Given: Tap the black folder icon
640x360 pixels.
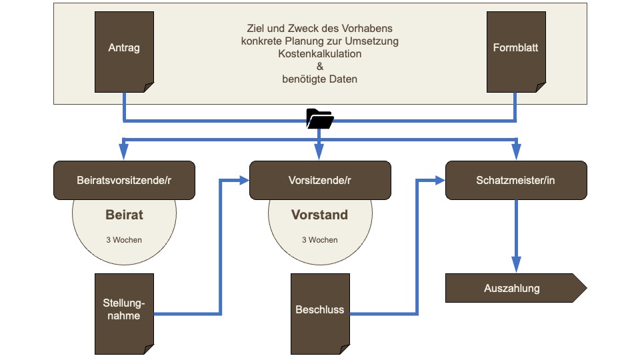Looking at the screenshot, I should pyautogui.click(x=320, y=119).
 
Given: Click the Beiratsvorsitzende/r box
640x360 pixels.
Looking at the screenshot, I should pyautogui.click(x=124, y=180).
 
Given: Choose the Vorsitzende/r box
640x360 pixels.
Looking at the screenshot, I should pyautogui.click(x=320, y=180).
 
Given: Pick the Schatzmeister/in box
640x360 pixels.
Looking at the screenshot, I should pyautogui.click(x=515, y=180).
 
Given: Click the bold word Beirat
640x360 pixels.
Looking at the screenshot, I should pyautogui.click(x=124, y=215).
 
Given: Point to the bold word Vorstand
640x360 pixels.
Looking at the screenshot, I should pyautogui.click(x=320, y=215).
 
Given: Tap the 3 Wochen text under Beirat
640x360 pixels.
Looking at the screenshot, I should pyautogui.click(x=124, y=240).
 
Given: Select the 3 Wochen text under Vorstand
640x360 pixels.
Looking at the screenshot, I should pyautogui.click(x=320, y=240).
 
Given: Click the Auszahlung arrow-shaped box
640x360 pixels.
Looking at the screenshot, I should pyautogui.click(x=513, y=289).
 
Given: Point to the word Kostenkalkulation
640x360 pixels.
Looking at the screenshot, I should pyautogui.click(x=320, y=53).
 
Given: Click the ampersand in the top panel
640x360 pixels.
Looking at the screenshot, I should pyautogui.click(x=320, y=66).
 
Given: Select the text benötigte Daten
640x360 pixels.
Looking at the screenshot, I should pyautogui.click(x=320, y=79).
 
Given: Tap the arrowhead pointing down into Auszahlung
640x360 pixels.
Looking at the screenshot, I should pyautogui.click(x=515, y=266).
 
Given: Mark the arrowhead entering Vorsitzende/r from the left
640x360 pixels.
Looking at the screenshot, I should pyautogui.click(x=243, y=180).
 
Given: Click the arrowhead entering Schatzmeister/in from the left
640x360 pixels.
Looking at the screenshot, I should pyautogui.click(x=439, y=180).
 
